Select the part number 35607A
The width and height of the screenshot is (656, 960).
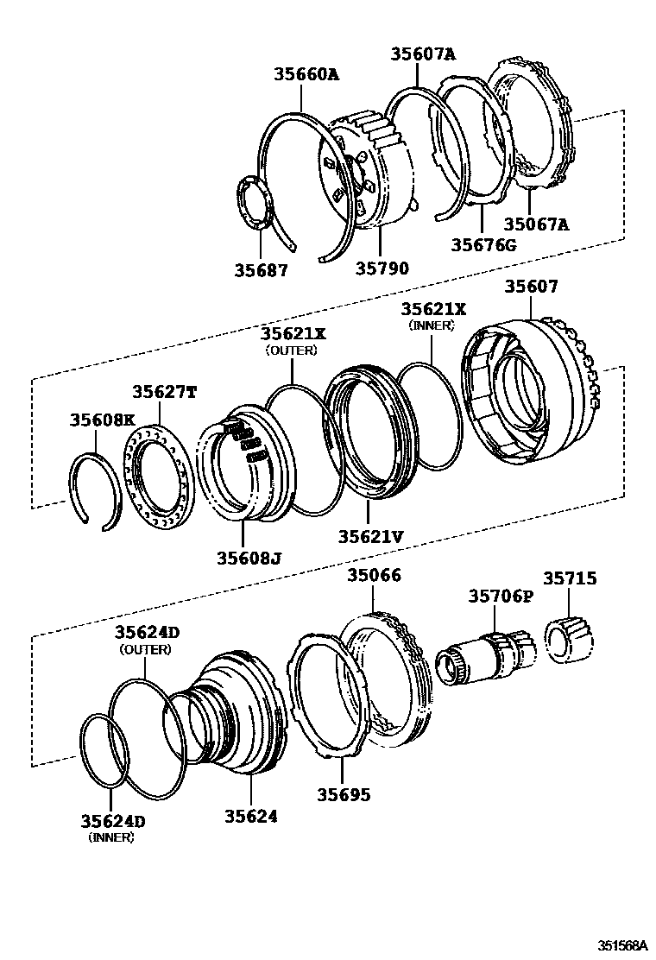pos(422,54)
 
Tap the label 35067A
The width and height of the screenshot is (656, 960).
pos(537,225)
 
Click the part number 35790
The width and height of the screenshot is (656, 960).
pos(382,268)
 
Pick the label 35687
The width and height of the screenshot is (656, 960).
pos(261,269)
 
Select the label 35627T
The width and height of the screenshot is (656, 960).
pos(164,391)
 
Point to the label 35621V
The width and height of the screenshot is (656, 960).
pos(370,535)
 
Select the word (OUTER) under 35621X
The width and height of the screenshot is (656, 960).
pos(291,351)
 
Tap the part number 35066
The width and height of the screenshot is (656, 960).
pos(374,576)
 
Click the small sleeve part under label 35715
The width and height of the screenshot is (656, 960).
pos(568,641)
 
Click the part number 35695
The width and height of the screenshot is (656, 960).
pos(341,793)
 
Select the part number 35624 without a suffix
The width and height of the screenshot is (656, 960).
pos(251,815)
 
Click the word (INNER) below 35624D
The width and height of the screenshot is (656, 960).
pos(113,837)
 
